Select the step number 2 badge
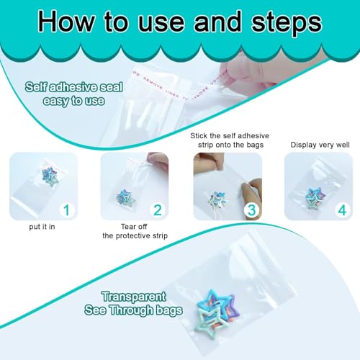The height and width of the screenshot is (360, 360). (157, 211)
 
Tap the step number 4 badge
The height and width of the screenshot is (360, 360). (341, 211)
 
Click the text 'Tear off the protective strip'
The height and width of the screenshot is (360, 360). (134, 235)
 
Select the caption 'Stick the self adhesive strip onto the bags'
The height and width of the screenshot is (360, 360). (226, 140)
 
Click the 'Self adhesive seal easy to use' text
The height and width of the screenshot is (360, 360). (65, 94)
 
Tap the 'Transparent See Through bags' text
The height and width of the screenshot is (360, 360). (143, 302)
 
